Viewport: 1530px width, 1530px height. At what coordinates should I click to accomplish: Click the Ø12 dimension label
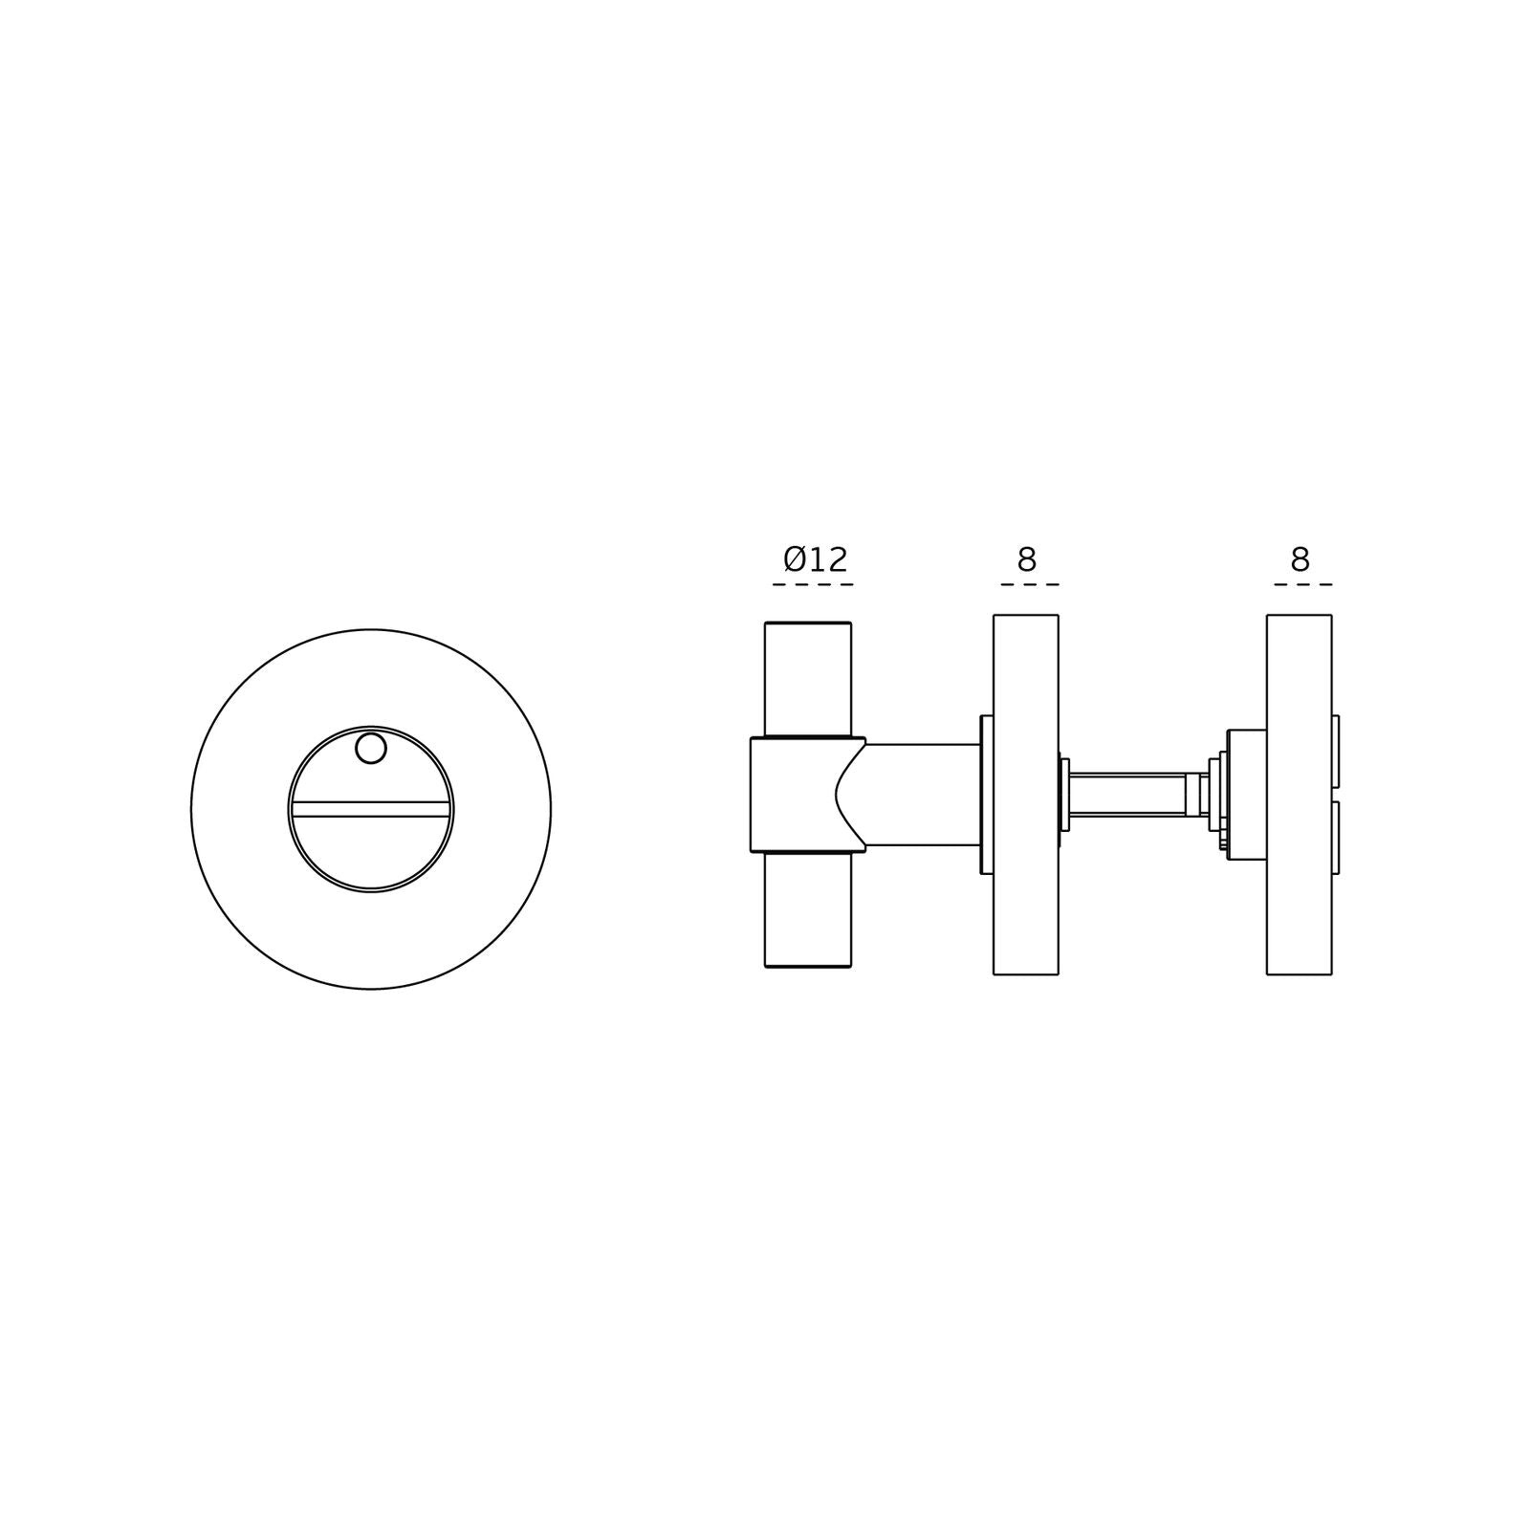point(815,559)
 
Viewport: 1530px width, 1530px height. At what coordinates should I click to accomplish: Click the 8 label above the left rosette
point(1026,559)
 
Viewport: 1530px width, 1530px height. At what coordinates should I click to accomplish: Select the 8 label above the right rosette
point(1300,559)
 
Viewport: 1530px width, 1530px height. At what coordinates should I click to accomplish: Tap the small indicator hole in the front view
point(371,749)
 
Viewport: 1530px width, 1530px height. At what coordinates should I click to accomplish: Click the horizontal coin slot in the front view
point(371,809)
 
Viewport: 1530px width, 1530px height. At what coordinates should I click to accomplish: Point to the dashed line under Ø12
point(813,584)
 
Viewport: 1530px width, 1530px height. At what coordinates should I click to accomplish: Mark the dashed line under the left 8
point(1029,584)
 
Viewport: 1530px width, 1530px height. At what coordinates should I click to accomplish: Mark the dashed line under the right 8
point(1302,584)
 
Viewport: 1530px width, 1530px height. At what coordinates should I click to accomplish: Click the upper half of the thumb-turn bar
point(808,679)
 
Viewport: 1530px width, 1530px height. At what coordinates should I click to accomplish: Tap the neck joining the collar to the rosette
point(923,795)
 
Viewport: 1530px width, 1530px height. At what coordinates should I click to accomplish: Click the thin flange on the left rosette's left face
point(987,795)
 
